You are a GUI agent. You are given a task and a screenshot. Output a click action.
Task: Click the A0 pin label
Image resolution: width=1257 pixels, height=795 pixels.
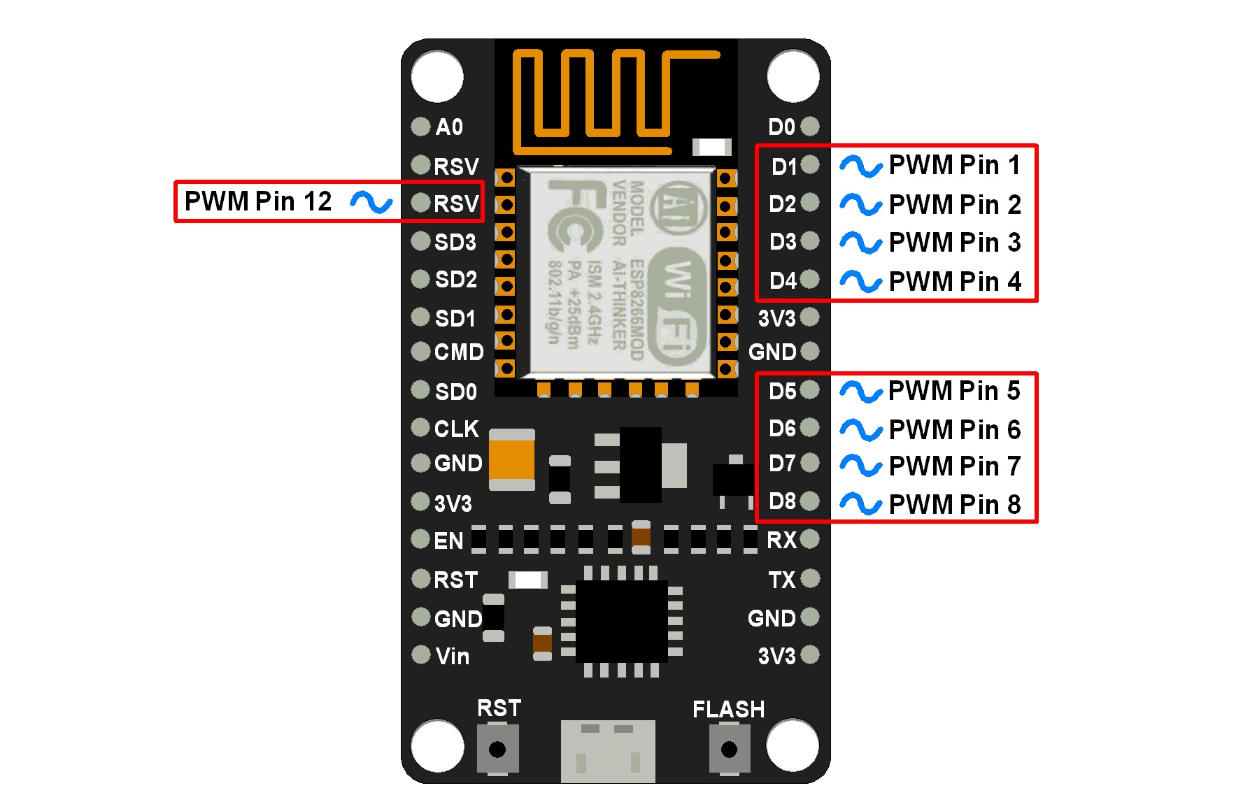(449, 127)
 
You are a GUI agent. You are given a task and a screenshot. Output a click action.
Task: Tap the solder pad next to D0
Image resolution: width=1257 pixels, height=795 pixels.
(810, 127)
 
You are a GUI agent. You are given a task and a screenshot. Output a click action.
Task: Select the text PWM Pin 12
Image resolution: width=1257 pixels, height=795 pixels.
(257, 201)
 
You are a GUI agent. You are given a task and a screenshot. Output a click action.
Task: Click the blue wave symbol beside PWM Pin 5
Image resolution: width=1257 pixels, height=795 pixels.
(860, 392)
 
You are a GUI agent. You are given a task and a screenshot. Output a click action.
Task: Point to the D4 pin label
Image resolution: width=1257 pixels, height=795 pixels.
(783, 281)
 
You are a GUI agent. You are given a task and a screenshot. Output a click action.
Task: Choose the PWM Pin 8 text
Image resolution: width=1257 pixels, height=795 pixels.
(954, 504)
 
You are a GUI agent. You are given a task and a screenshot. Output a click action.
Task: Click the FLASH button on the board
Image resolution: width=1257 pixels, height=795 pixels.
(729, 750)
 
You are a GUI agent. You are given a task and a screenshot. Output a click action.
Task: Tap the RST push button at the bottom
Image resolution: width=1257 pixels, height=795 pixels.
(497, 750)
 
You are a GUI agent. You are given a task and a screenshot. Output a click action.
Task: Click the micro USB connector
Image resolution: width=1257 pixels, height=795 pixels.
(608, 752)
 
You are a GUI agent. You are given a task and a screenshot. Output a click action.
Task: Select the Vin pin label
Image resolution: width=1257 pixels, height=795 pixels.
(452, 657)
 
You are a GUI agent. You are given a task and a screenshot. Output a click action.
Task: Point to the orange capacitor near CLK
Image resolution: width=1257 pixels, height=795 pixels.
(511, 459)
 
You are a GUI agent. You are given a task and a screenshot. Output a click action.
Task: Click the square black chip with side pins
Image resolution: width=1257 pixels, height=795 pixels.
(621, 621)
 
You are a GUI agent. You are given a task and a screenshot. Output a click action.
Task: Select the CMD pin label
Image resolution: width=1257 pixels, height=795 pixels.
(458, 352)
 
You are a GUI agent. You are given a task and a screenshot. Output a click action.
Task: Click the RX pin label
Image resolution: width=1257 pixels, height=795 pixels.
(781, 540)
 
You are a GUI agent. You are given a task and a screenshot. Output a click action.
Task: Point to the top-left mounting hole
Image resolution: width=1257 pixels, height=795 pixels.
(437, 76)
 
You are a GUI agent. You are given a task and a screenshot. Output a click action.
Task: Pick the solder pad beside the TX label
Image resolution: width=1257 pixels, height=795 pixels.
(810, 579)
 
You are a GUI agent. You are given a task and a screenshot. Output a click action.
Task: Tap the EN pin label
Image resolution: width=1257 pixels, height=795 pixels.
(448, 540)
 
